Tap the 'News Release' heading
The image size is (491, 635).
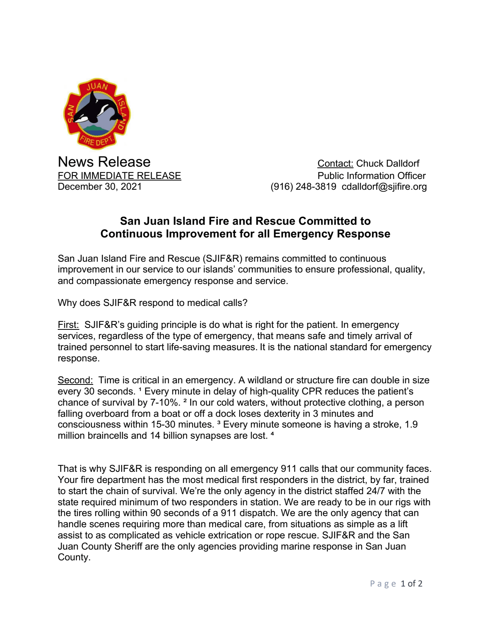pos(104,162)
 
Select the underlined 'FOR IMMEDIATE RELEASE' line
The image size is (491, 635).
pos(119,176)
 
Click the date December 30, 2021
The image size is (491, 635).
pos(100,187)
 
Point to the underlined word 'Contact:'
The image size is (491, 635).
pos(335,164)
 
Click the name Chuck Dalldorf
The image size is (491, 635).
pos(387,164)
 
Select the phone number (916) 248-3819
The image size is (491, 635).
pos(303,187)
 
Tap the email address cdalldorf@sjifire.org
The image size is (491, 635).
pos(384,187)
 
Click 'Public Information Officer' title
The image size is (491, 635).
pos(372,176)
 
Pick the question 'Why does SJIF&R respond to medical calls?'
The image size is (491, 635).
pos(152,303)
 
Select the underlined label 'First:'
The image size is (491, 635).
pos(68,325)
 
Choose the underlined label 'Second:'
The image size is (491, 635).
pos(75,380)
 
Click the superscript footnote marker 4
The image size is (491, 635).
pos(272,434)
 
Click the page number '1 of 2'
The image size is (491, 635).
pos(411,584)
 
